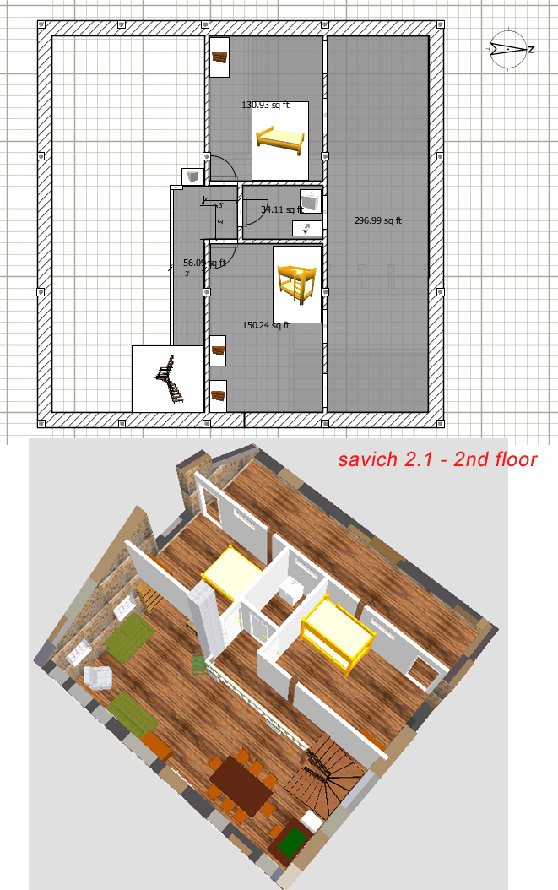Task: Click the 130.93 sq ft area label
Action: pos(265,106)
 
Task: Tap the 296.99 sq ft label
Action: pos(377,220)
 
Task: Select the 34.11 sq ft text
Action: pos(281,209)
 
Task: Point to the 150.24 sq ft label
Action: pos(266,325)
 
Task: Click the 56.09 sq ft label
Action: pos(204,263)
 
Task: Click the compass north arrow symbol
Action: pos(509,49)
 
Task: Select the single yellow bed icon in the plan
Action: pos(279,139)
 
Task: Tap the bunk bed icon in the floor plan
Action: pos(297,283)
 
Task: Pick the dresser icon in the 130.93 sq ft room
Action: pos(219,57)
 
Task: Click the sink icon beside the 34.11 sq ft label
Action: pos(312,200)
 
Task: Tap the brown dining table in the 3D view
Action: pos(241,785)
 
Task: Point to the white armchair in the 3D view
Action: pos(99,677)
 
